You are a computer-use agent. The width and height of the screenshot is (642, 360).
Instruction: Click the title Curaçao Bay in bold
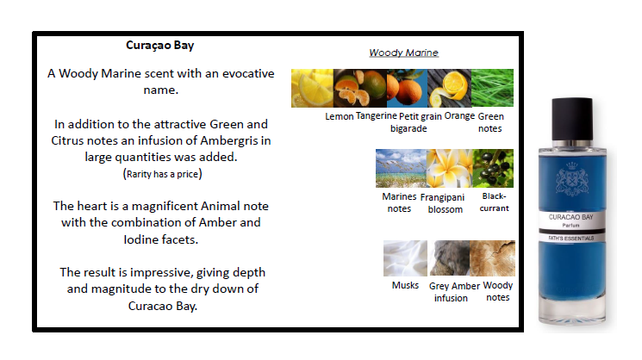pos(159,46)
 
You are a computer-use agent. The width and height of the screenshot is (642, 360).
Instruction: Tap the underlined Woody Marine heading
pos(403,53)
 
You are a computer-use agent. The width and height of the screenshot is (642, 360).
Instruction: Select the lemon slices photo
pos(313,89)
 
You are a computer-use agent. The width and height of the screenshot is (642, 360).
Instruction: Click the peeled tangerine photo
pos(360,89)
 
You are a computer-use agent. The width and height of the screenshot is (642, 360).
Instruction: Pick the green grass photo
pos(493,88)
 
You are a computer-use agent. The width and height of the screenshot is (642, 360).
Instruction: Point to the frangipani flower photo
pos(450,169)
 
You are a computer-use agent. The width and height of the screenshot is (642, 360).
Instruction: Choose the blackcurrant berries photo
pos(493,169)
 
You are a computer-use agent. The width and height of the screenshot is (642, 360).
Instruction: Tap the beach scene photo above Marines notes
pos(402,169)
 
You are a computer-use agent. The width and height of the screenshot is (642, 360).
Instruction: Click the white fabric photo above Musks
pos(405,258)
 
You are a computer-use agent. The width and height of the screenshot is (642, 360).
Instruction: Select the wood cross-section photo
pos(493,258)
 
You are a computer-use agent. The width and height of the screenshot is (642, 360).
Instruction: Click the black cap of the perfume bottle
pos(572,119)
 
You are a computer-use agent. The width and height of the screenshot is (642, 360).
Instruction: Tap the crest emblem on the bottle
pos(572,179)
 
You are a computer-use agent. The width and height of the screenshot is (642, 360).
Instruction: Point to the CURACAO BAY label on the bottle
pos(570,217)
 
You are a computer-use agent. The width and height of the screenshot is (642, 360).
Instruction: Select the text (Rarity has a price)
pos(163,174)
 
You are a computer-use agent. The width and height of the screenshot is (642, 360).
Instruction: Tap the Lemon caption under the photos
pos(339,116)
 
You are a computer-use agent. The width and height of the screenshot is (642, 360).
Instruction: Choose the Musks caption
pos(405,285)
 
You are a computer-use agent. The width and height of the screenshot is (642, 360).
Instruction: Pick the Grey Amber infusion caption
pos(454,292)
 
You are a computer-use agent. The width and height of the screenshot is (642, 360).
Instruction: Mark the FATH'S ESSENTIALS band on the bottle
pos(571,238)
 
